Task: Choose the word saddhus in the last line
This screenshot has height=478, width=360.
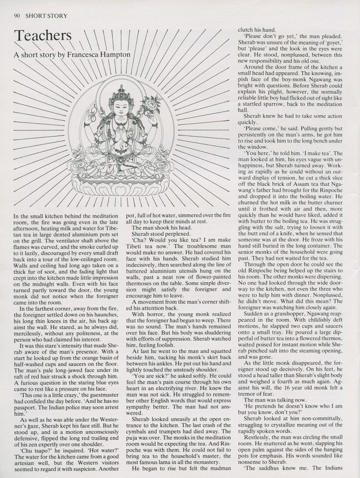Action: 278,468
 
